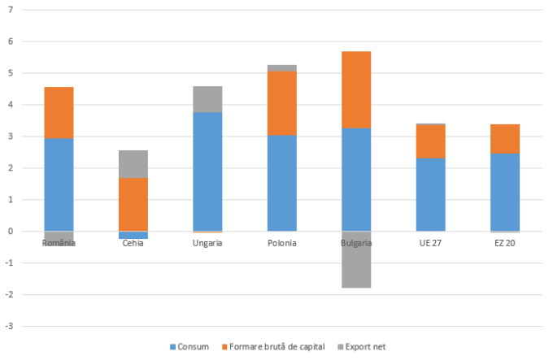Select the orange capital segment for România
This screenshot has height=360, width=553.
point(59,112)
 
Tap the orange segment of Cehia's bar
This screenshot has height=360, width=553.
point(133,204)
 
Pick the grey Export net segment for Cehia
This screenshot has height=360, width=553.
point(133,164)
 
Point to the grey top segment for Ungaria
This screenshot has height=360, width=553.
point(207,99)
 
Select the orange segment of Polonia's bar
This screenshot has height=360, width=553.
point(282,103)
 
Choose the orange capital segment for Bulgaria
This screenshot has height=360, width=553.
point(356,89)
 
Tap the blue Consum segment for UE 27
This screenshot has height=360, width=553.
point(431,194)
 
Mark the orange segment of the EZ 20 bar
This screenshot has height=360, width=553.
point(505,139)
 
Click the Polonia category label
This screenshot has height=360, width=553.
point(282,243)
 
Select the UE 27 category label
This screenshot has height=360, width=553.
point(431,243)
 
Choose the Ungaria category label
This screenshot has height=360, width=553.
point(207,243)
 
